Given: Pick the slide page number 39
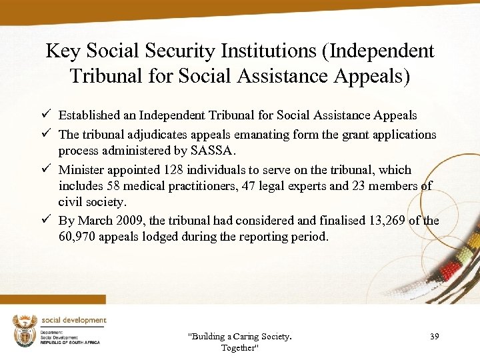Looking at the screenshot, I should pos(434,337).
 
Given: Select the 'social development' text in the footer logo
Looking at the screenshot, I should pos(74,320).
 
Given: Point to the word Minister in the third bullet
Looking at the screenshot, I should pos(81,170).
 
